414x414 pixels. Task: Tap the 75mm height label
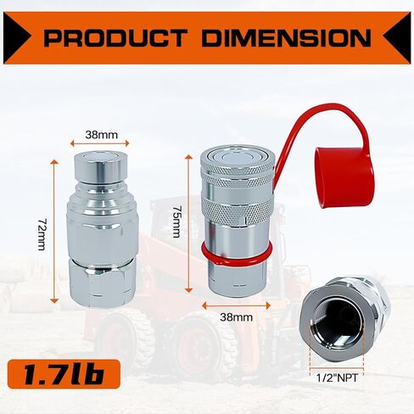click(177, 222)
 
